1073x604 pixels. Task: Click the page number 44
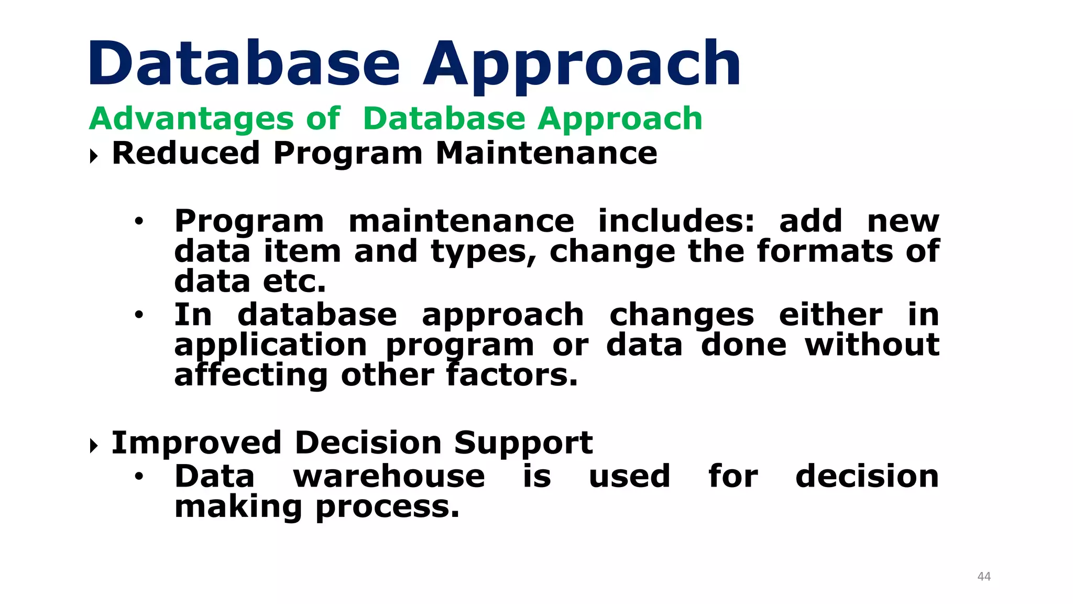(x=984, y=576)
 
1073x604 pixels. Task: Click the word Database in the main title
(x=244, y=64)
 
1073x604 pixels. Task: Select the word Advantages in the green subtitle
(x=191, y=118)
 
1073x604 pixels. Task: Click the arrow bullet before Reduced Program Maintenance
(x=94, y=156)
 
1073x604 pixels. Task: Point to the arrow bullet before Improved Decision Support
(x=94, y=446)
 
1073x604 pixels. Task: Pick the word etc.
(x=294, y=282)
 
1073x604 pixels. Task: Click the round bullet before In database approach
(x=138, y=315)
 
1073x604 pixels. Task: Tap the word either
(x=830, y=315)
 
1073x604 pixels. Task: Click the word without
(x=872, y=345)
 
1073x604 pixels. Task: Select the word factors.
(x=512, y=375)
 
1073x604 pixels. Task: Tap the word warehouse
(x=389, y=476)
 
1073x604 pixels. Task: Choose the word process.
(x=387, y=508)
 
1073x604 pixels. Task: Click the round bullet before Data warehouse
(x=138, y=476)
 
